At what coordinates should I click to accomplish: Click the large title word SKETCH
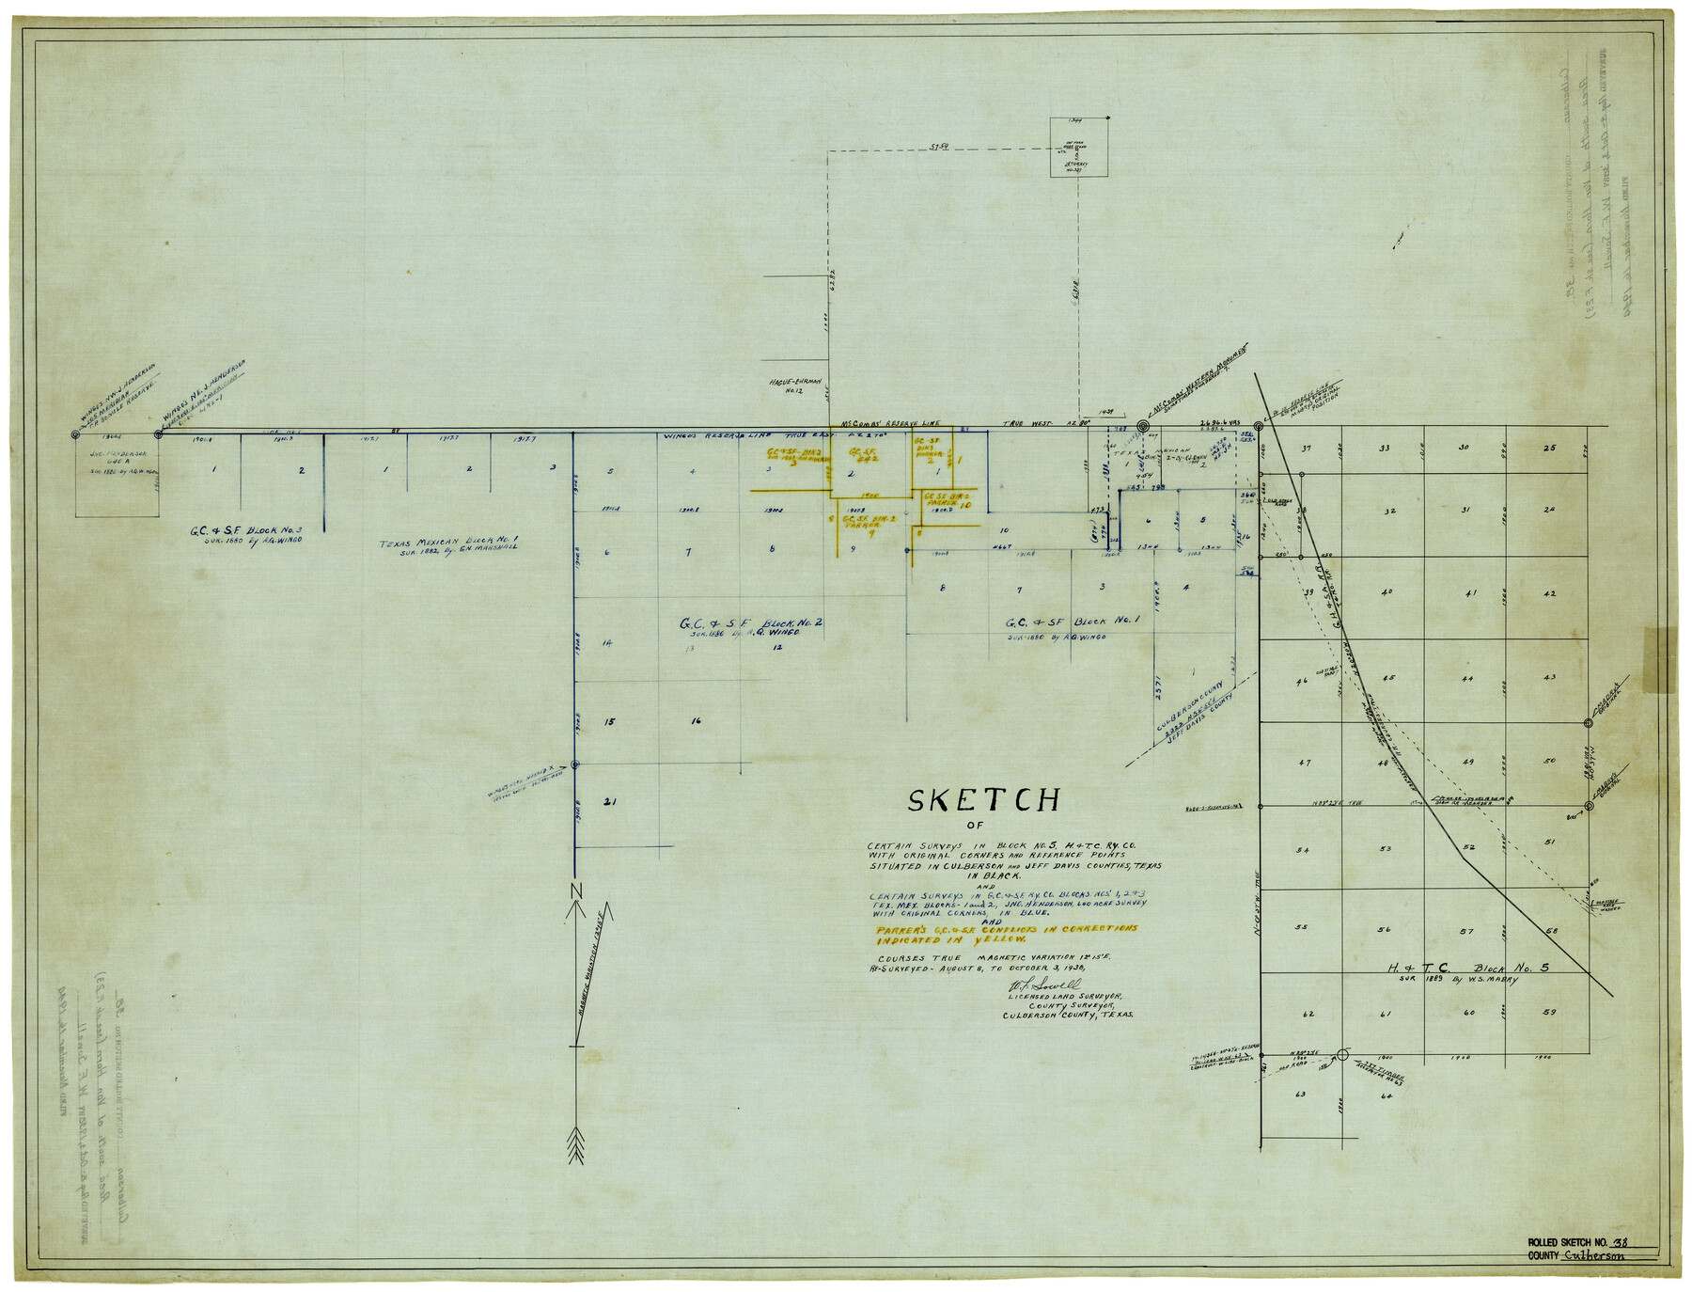(983, 800)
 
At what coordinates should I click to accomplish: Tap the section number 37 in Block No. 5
(1306, 449)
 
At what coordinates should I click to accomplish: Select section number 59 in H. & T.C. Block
(1549, 1012)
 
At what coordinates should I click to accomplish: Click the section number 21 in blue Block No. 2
(609, 802)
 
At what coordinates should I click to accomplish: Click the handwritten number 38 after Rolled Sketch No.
(1620, 1243)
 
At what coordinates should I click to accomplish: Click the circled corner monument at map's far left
(75, 434)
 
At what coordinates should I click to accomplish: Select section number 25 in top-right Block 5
(1549, 449)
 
